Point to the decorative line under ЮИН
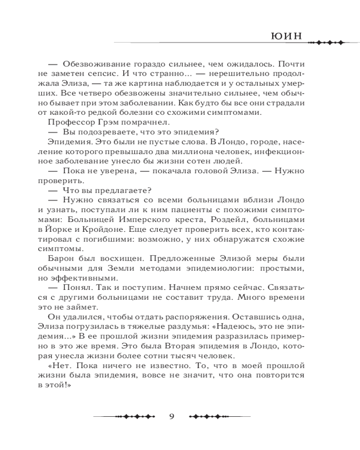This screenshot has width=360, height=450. [324, 43]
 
